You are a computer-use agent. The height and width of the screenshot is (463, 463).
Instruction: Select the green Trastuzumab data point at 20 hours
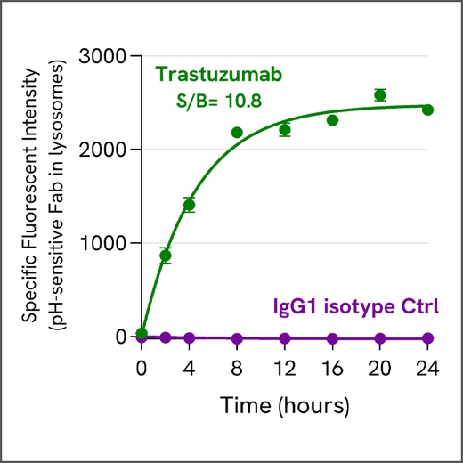380,95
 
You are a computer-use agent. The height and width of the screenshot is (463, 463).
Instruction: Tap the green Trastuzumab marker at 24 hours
427,110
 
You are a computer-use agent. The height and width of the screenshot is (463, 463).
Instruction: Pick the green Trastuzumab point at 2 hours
165,256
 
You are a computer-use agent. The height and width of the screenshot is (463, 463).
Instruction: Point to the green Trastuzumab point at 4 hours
189,205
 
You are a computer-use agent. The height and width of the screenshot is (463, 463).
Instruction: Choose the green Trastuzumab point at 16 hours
332,120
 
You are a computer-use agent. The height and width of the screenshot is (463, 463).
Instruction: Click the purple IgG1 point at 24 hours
427,338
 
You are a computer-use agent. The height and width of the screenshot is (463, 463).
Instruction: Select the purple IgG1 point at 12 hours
285,338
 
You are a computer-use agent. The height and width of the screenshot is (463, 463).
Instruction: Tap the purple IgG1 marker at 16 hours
332,338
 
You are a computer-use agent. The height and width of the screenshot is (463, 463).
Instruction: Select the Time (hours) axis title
284,405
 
